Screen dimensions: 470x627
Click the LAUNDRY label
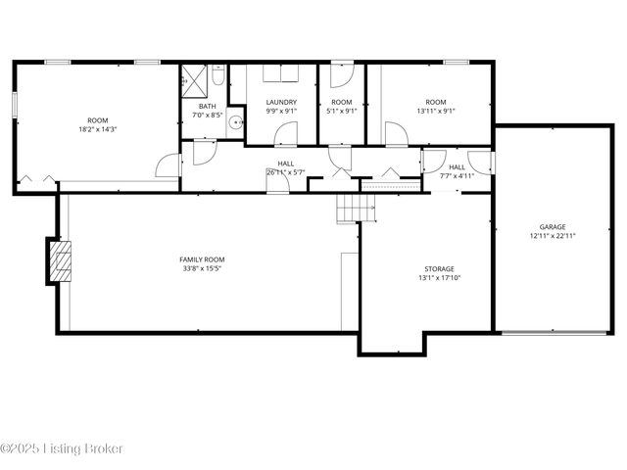coord(281,102)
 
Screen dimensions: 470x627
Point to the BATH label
coord(208,106)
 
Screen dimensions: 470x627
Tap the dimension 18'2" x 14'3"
coord(97,129)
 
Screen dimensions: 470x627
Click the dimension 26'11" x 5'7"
coord(285,172)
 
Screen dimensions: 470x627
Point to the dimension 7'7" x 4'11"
coord(457,176)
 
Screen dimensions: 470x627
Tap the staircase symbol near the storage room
coord(350,208)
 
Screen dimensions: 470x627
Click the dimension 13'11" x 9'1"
coord(436,112)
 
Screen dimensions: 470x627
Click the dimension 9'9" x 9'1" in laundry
coord(281,112)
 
